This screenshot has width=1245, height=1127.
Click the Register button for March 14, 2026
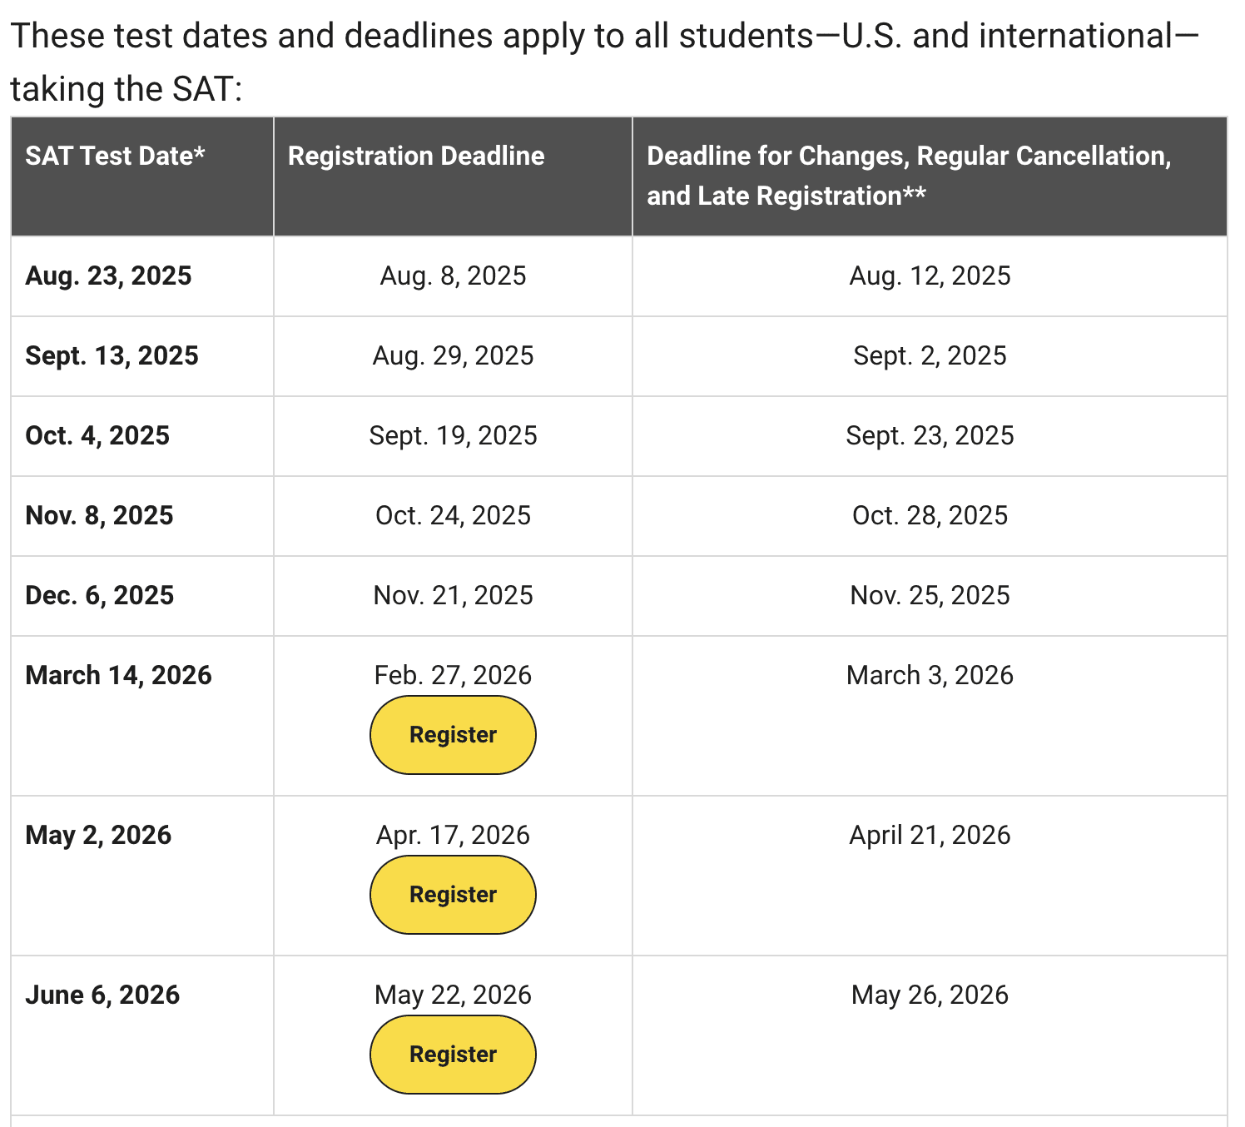453,735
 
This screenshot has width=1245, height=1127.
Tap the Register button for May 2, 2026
453,895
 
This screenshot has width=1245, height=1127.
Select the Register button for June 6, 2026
453,1055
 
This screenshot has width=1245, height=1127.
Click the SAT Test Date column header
115,156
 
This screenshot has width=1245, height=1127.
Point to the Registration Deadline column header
416,156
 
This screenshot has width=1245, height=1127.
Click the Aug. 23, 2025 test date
108,276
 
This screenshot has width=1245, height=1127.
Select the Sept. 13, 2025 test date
112,355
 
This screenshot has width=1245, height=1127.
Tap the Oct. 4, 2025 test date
97,435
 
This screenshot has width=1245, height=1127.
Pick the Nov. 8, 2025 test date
99,515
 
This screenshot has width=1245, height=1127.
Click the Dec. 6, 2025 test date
100,595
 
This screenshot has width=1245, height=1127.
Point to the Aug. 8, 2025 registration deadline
453,276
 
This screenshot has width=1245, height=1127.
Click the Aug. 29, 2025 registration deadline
453,355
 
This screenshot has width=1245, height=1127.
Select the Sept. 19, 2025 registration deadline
453,435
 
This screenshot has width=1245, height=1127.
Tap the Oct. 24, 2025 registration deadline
453,515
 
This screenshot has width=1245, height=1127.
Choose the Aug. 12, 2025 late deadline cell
930,276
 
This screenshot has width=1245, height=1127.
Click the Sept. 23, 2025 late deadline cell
930,435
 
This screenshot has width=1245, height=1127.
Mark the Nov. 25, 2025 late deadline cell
930,595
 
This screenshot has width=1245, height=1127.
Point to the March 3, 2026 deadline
930,675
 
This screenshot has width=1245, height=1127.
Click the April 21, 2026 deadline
930,835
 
